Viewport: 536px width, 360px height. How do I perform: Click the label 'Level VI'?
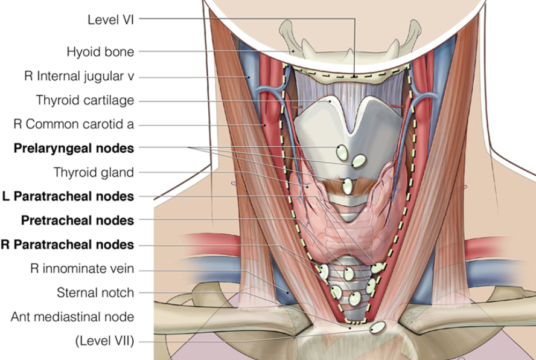pyautogui.click(x=110, y=19)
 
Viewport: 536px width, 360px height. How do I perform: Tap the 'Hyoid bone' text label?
pyautogui.click(x=100, y=52)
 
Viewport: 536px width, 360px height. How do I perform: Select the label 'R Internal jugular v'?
pyautogui.click(x=79, y=77)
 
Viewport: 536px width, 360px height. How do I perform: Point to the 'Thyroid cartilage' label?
pyautogui.click(x=85, y=100)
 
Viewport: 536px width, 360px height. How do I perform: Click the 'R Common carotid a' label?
pyautogui.click(x=74, y=124)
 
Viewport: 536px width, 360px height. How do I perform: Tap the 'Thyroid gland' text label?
pyautogui.click(x=94, y=172)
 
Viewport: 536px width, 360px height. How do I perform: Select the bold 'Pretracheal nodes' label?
pyautogui.click(x=77, y=220)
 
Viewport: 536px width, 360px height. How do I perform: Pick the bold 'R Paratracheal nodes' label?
pyautogui.click(x=67, y=244)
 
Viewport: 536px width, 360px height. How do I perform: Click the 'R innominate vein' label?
pyautogui.click(x=82, y=268)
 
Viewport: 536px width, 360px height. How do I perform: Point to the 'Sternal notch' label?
pyautogui.click(x=95, y=293)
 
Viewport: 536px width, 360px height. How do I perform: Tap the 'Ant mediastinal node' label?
pyautogui.click(x=72, y=317)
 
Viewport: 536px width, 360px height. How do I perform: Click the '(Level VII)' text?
pyautogui.click(x=104, y=341)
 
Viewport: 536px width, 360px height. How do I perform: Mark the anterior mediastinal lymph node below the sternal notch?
pyautogui.click(x=378, y=328)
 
